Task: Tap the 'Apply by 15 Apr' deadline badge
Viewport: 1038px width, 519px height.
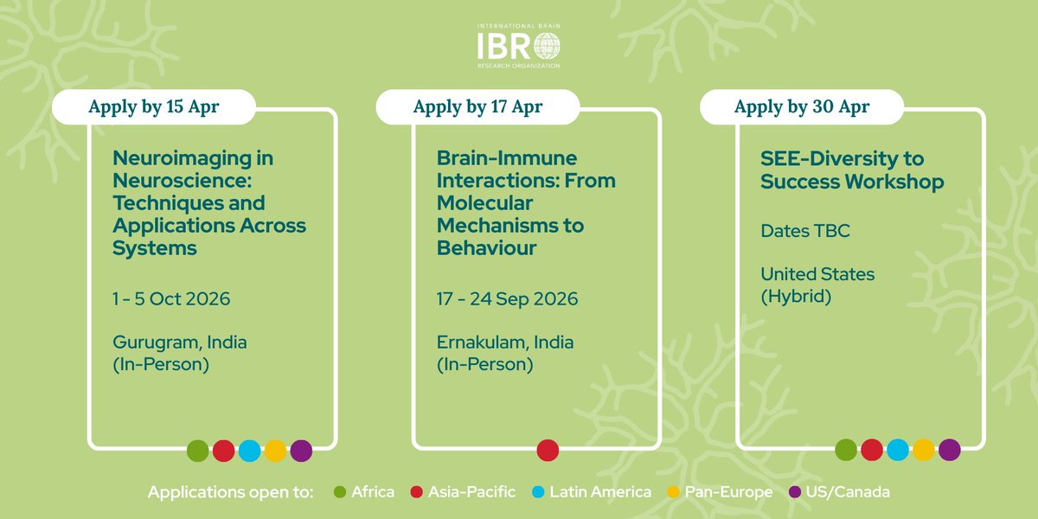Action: point(154,107)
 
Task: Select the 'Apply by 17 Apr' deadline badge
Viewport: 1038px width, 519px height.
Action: point(477,107)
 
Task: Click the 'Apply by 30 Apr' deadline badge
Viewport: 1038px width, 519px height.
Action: point(802,107)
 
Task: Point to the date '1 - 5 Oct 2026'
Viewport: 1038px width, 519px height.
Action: point(171,299)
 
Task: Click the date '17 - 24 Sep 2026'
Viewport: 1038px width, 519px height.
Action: point(507,299)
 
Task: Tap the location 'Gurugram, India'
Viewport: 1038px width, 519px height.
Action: point(180,343)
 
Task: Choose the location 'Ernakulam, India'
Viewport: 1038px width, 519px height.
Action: point(505,343)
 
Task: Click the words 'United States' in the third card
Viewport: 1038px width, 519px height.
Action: point(817,274)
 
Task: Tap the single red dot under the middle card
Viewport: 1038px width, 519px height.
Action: point(548,451)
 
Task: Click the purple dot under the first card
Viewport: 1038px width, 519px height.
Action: point(301,451)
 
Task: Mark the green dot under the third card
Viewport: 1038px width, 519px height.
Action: point(846,451)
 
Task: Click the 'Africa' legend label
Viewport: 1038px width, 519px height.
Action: point(373,492)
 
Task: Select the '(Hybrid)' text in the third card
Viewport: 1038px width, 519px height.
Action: point(795,296)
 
